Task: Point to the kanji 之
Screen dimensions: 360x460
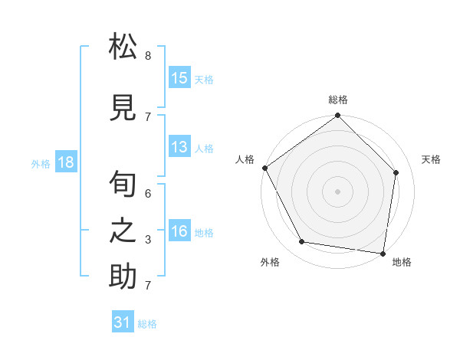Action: click(x=123, y=230)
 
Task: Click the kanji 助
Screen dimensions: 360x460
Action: click(x=123, y=277)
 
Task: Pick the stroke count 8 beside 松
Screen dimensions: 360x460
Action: click(x=148, y=56)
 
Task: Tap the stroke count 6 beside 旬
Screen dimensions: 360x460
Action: click(x=148, y=194)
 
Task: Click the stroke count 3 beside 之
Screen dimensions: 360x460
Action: click(x=148, y=240)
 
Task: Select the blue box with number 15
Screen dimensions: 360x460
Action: click(x=179, y=77)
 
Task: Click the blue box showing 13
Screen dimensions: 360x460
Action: click(x=179, y=147)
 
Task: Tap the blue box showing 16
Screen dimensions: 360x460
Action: click(x=179, y=231)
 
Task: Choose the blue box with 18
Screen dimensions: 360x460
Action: click(x=66, y=162)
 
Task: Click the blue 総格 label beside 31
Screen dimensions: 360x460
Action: click(x=148, y=324)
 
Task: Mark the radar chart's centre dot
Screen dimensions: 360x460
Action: click(x=337, y=191)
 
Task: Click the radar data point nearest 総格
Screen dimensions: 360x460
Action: click(x=337, y=116)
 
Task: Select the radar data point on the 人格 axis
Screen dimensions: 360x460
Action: click(x=265, y=168)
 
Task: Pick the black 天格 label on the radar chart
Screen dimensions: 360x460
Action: click(x=432, y=159)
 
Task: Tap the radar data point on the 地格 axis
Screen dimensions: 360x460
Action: click(x=383, y=253)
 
